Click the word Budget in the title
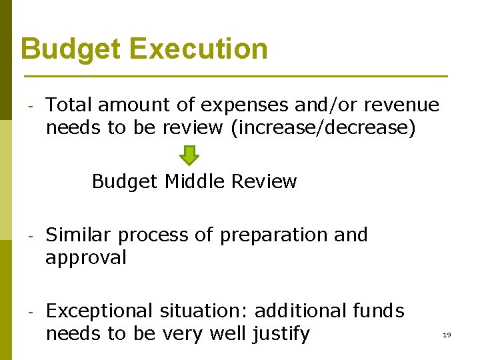(x=70, y=49)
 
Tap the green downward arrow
(x=190, y=155)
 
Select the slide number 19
(x=447, y=335)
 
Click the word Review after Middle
(x=265, y=181)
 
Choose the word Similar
(x=80, y=235)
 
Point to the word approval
(x=85, y=258)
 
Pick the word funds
(x=378, y=311)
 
